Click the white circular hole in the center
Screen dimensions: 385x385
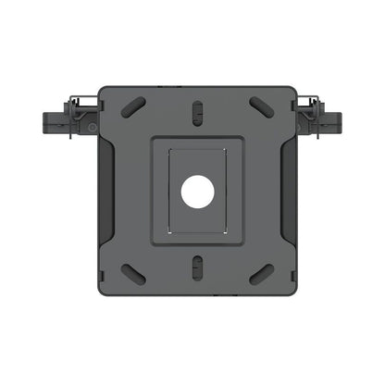[197, 192]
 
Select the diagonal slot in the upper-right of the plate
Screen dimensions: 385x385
[262, 107]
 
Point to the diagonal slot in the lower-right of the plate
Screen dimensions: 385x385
[262, 276]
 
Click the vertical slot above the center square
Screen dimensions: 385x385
[197, 111]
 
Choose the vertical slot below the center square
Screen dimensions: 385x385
[197, 271]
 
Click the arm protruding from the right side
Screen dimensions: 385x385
[328, 120]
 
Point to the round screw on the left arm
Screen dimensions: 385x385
[91, 126]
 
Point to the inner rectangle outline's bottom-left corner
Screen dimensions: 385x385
[169, 232]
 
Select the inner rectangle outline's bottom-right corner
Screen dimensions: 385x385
[225, 232]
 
